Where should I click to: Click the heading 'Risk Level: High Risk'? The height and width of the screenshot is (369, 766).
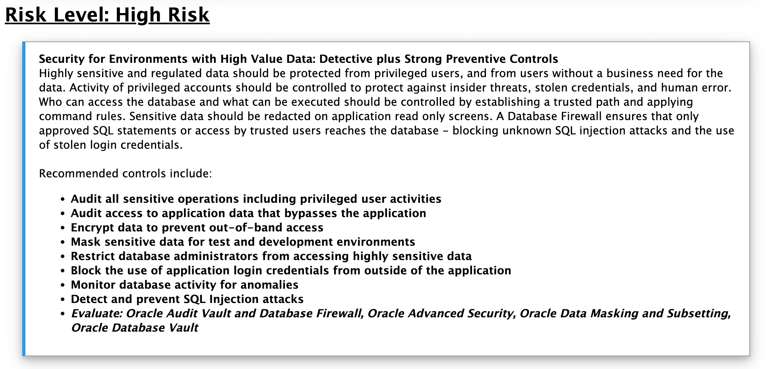(107, 15)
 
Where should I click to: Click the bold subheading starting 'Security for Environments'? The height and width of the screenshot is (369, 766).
(298, 59)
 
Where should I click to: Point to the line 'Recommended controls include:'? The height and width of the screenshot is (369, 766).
(125, 174)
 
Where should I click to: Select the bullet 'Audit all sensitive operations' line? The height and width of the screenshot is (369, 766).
(256, 199)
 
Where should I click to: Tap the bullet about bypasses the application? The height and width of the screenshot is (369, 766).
(248, 213)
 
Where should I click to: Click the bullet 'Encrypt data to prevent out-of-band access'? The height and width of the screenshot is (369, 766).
(197, 227)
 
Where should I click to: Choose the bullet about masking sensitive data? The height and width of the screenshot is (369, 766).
(242, 242)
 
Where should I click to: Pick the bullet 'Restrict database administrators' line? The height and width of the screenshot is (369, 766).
(271, 256)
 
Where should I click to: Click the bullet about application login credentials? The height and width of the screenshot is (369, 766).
(290, 270)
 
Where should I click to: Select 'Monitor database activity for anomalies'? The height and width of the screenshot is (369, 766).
(184, 285)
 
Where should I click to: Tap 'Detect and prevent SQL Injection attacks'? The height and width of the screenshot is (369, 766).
(187, 299)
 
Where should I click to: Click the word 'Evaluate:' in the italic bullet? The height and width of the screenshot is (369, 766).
(97, 313)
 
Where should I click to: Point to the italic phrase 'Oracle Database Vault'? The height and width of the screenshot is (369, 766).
(134, 328)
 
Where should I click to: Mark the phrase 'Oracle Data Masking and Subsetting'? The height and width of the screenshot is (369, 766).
(624, 313)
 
